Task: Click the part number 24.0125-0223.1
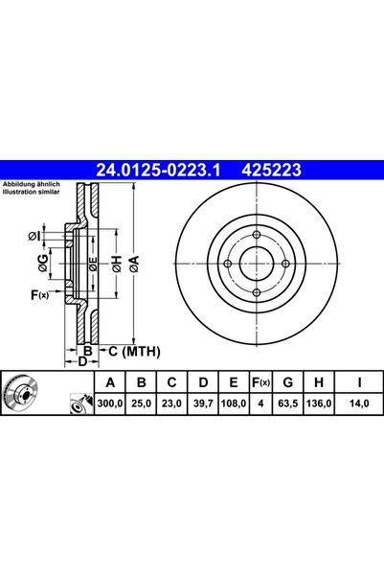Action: pos(158,170)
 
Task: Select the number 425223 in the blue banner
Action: pos(271,170)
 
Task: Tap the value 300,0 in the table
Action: pos(110,403)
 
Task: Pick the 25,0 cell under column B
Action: pos(141,403)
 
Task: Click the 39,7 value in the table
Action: pos(203,403)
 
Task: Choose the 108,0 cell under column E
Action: pos(234,403)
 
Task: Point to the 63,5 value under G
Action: pos(288,403)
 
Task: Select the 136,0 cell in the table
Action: pos(319,403)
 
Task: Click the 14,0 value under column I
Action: pos(359,403)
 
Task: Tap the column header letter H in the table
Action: pos(319,382)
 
